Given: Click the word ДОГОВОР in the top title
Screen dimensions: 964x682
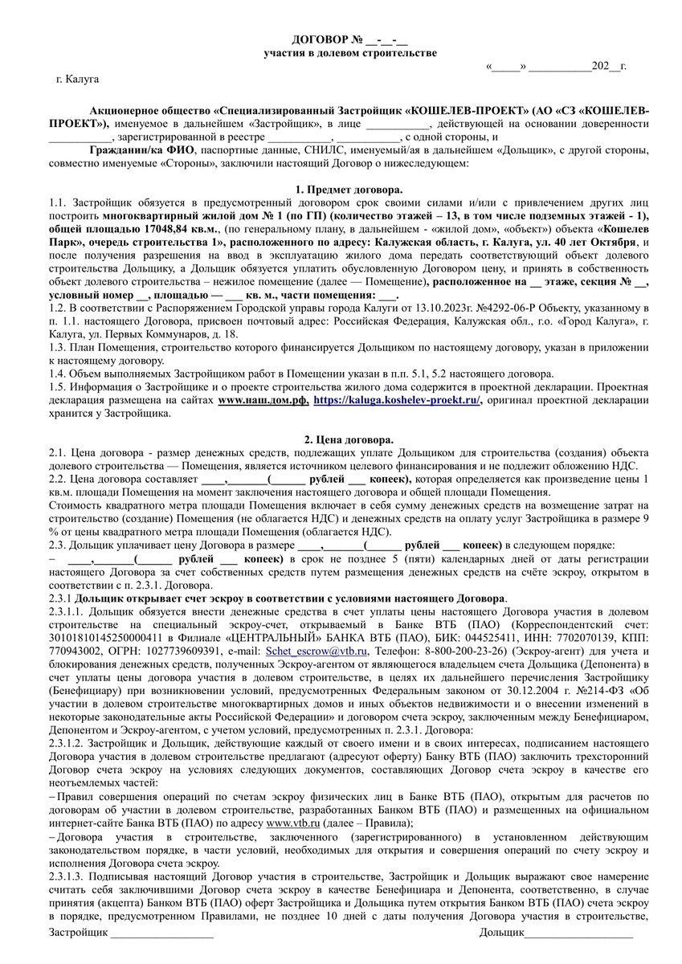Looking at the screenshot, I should point(318,39).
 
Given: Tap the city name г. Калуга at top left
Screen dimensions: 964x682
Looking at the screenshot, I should point(78,80).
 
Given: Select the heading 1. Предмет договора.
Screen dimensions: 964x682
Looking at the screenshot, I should point(349,189).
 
